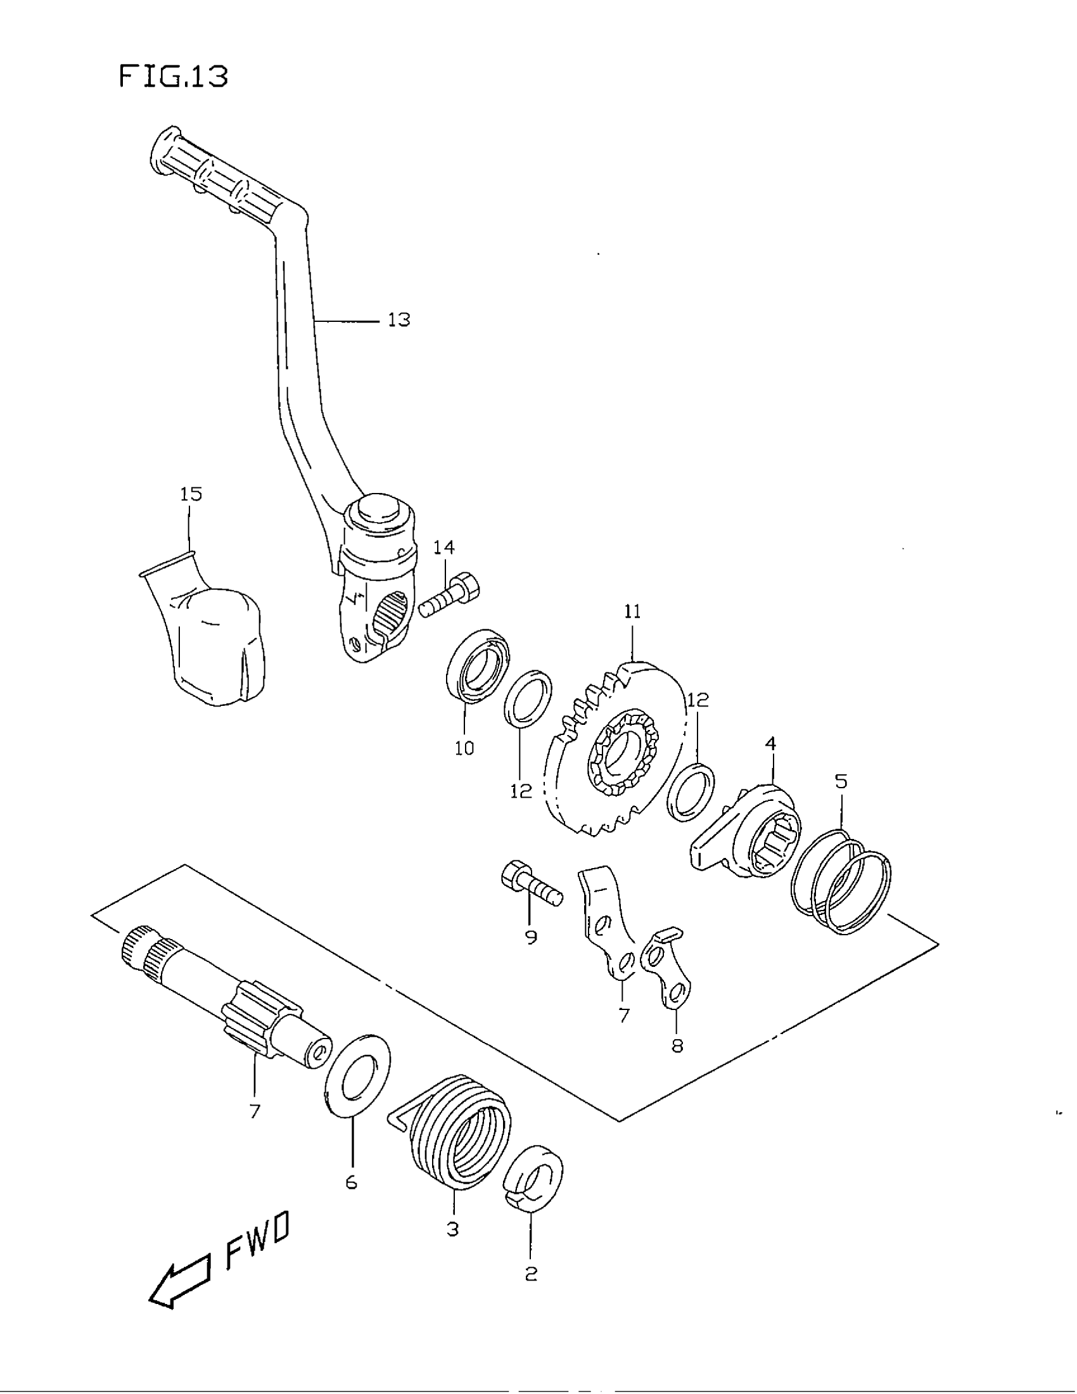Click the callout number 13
click(398, 320)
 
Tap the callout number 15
click(191, 494)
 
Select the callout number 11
click(632, 612)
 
